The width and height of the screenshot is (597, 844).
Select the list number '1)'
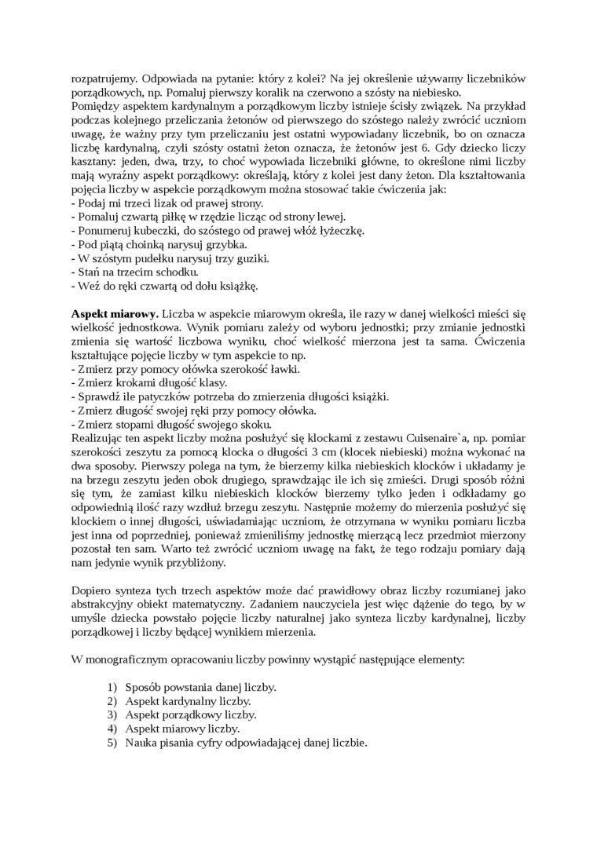click(112, 687)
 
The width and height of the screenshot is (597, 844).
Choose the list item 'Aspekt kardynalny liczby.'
click(189, 700)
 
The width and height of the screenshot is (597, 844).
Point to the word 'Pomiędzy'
click(96, 105)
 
